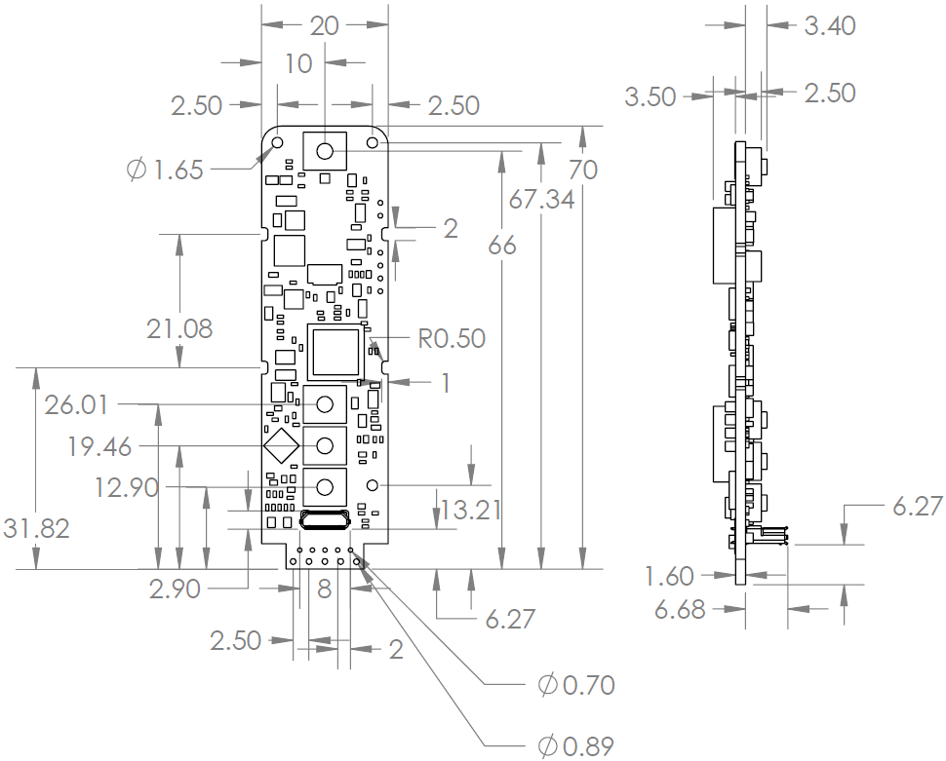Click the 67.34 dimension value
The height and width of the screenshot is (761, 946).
tap(541, 199)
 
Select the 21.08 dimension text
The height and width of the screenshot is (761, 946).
tap(179, 328)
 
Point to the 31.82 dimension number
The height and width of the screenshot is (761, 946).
tap(36, 528)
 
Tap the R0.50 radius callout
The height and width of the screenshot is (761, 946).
tap(452, 338)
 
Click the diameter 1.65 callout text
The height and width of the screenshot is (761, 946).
tap(165, 170)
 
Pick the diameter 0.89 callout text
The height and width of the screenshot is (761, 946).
tap(575, 746)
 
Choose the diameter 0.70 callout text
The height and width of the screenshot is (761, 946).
tap(575, 684)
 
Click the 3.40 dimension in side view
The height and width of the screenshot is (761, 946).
tap(830, 25)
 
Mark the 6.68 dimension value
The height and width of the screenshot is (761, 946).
tap(680, 610)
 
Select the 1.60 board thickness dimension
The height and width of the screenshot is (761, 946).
tap(669, 576)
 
